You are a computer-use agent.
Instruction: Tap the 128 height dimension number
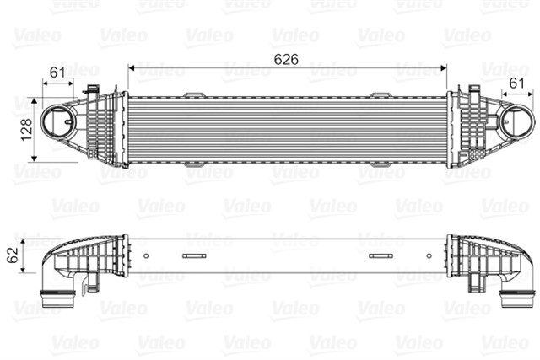tap(26, 127)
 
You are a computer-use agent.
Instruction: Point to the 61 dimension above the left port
tap(57, 73)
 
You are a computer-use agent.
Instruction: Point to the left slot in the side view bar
tap(195, 255)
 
